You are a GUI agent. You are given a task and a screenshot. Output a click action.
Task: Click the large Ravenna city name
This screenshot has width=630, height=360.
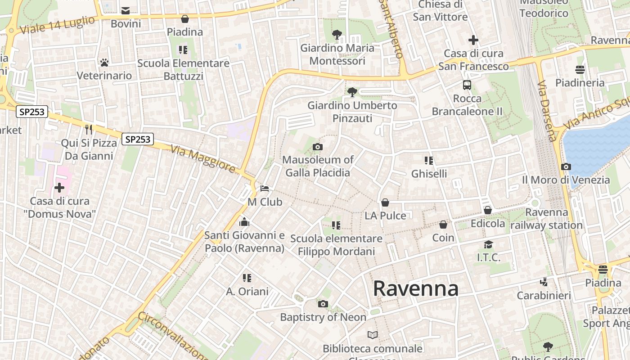(x=415, y=288)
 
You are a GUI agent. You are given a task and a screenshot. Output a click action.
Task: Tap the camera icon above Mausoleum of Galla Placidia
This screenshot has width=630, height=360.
(x=318, y=147)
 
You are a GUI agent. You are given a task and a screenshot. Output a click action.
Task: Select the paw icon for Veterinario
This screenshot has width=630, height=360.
(x=104, y=63)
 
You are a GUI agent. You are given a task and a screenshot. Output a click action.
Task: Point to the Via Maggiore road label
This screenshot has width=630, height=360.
(x=203, y=158)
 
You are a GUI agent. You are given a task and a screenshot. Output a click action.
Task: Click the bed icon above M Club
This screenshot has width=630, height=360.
(x=265, y=189)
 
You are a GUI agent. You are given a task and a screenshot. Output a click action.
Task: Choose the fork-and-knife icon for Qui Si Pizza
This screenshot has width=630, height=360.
(x=89, y=130)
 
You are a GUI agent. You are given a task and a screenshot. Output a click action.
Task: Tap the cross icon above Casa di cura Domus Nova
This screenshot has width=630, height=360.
(x=59, y=188)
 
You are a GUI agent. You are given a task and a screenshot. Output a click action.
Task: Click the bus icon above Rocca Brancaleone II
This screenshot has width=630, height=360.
(x=467, y=85)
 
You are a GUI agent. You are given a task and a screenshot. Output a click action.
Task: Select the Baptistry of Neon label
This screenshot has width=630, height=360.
(x=323, y=317)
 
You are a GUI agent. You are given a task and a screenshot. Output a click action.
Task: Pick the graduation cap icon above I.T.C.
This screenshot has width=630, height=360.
(x=488, y=244)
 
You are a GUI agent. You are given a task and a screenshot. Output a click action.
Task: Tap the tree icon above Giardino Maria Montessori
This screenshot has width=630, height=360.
(x=337, y=34)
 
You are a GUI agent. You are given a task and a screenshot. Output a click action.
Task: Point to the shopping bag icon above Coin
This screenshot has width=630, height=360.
(x=443, y=224)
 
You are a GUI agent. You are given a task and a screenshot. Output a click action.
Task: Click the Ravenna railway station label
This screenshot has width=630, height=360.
(x=547, y=219)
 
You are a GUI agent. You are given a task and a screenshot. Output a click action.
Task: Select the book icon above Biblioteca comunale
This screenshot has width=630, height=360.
(x=373, y=335)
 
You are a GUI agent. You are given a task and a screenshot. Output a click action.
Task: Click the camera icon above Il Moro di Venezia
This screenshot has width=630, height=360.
(x=566, y=166)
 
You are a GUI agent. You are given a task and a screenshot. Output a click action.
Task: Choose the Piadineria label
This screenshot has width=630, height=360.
(x=580, y=83)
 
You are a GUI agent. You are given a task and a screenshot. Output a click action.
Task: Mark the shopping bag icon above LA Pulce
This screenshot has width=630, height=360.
(x=385, y=202)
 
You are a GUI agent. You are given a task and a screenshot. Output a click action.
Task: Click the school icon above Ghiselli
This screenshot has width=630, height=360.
(x=428, y=160)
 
